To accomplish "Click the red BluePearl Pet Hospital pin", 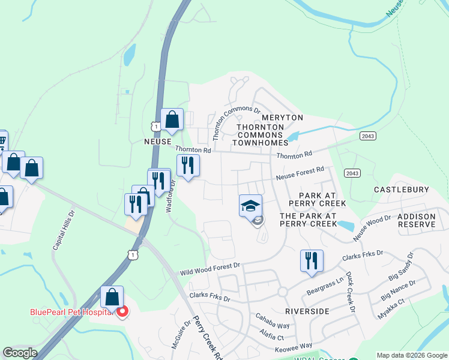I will (x=122, y=312).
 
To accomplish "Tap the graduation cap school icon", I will (x=251, y=206).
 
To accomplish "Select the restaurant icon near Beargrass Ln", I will (x=312, y=261).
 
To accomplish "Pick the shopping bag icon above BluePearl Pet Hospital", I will (x=112, y=296).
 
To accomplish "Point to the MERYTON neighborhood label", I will (x=283, y=118).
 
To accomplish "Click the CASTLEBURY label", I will (x=402, y=190).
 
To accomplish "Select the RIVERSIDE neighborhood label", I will (x=307, y=311).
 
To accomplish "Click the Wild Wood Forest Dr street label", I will (x=210, y=268).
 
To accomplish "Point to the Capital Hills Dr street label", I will (x=64, y=230).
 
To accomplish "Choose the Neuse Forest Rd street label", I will (x=300, y=174).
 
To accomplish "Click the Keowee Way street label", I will (x=294, y=347).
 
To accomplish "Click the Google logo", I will (x=19, y=353).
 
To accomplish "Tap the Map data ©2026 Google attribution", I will (x=411, y=355).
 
